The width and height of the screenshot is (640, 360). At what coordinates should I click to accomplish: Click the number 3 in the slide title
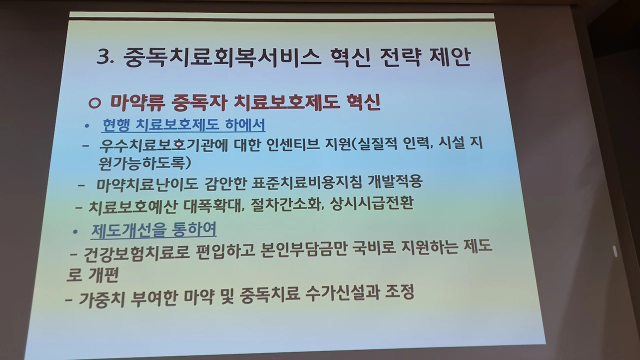pos(102,57)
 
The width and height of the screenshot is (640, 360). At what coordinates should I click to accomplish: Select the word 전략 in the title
pos(400,57)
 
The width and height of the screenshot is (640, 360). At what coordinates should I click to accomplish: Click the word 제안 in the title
pos(450,57)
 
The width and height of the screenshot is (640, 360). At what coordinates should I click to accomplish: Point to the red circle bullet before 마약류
pos(94,103)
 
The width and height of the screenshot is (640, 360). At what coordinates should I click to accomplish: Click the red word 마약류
pos(138,102)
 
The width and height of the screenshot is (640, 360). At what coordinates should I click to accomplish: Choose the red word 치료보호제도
pos(286,102)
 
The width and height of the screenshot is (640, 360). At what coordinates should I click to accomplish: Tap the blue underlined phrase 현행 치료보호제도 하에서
pos(183,125)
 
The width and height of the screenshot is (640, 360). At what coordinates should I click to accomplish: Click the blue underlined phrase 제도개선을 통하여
pos(153,230)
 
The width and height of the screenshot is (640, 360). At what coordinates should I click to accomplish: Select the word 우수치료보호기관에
pos(163,145)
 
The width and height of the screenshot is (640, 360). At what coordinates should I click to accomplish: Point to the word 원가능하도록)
pos(144,163)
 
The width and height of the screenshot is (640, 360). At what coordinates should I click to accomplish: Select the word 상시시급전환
pos(371,203)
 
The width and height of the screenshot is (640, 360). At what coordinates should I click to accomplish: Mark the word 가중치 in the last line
pos(101,299)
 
